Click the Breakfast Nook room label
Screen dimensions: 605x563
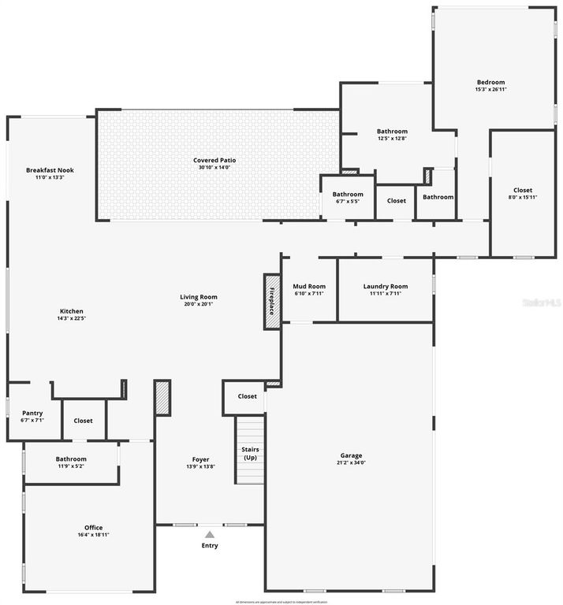[x=50, y=170]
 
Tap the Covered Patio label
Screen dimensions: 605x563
[x=214, y=160]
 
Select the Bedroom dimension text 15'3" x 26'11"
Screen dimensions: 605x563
[x=490, y=90]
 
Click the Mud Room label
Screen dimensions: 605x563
[x=309, y=287]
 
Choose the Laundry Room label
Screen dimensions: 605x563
[x=385, y=287]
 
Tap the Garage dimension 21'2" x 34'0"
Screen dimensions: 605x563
[x=352, y=462]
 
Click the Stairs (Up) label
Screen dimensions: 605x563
[x=250, y=453]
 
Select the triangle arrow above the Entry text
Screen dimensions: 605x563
[x=210, y=534]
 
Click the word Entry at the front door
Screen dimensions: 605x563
[x=210, y=545]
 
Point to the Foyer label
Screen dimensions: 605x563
[x=201, y=459]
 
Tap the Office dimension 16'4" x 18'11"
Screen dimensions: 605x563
[x=93, y=535]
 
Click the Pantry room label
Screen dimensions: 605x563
[x=32, y=413]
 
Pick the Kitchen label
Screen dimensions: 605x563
[x=71, y=311]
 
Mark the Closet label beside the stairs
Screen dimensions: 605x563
[x=247, y=396]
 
